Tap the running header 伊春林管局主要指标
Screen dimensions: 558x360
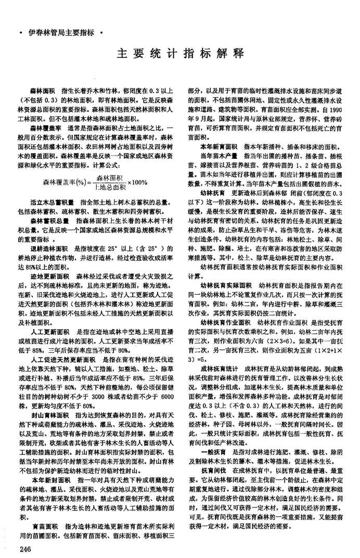pyautogui.click(x=63, y=33)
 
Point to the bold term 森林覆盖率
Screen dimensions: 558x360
pyautogui.click(x=47, y=127)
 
